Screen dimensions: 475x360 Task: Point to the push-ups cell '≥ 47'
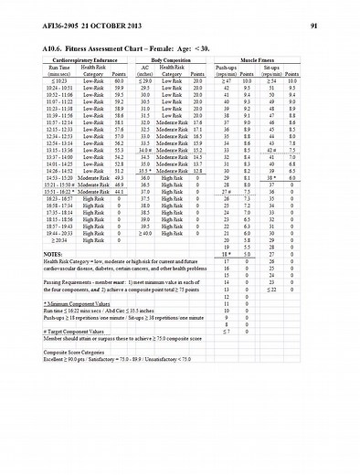[226, 80]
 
